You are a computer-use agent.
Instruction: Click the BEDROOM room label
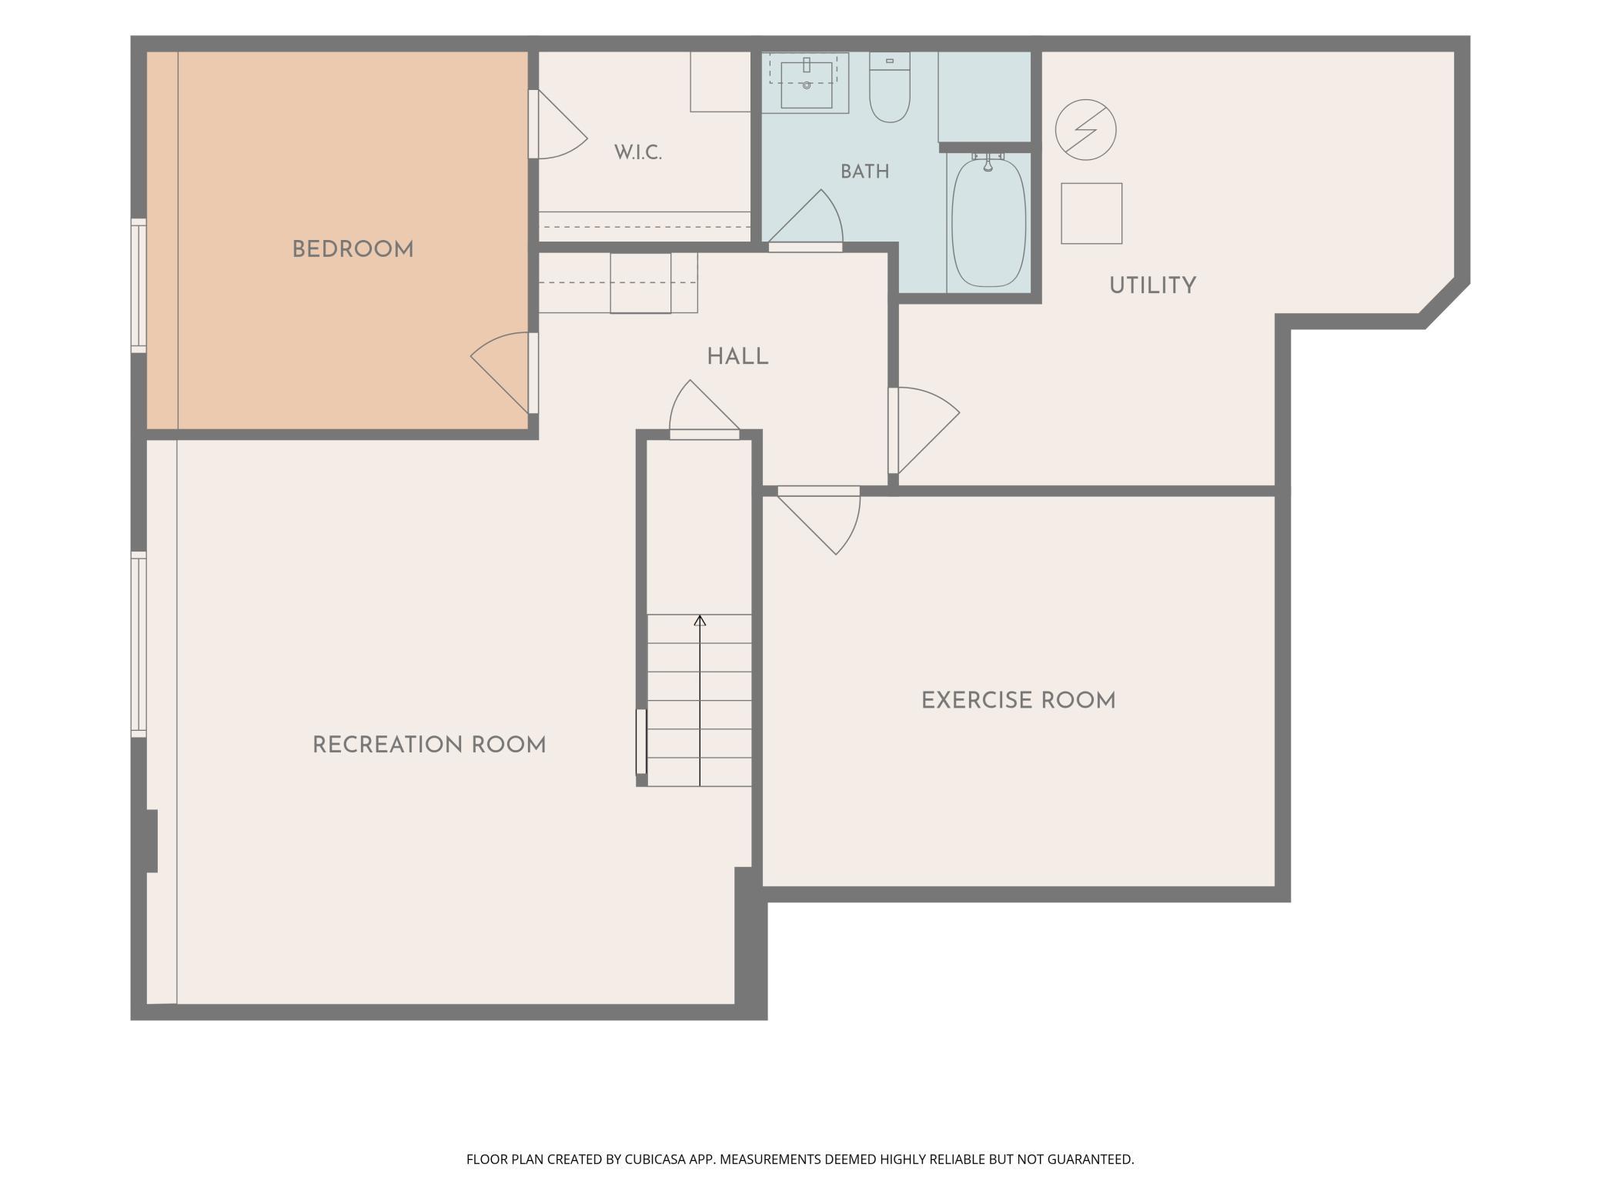click(x=353, y=249)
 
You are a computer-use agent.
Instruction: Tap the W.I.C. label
click(x=638, y=152)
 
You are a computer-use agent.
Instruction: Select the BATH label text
click(x=865, y=172)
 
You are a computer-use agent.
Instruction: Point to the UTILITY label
click(x=1152, y=285)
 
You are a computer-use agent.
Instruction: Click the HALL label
click(x=737, y=357)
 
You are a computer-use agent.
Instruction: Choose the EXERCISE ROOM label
click(x=1018, y=701)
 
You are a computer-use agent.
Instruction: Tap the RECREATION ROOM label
click(x=429, y=745)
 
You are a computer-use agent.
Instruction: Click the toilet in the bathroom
click(x=890, y=87)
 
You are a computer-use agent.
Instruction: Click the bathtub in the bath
click(x=989, y=222)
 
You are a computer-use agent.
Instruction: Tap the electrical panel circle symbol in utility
click(x=1085, y=129)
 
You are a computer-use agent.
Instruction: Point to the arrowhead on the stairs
click(x=700, y=620)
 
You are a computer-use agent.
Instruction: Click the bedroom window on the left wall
click(x=139, y=285)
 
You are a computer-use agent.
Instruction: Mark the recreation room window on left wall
click(x=139, y=644)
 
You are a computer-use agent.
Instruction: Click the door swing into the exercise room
click(x=819, y=520)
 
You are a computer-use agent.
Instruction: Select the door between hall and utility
click(x=924, y=430)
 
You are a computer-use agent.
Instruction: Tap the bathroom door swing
click(x=806, y=220)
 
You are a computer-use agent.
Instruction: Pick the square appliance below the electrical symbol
click(x=1091, y=213)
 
